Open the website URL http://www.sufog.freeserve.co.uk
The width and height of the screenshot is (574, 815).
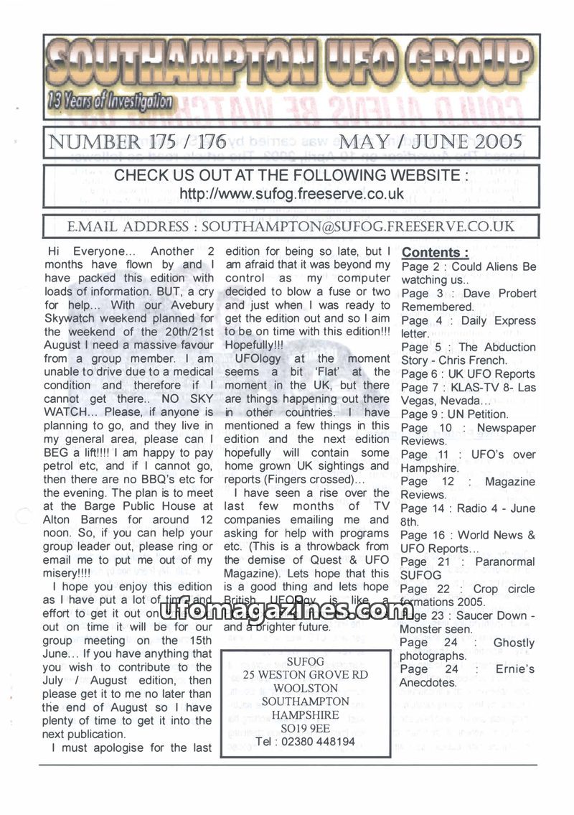click(291, 194)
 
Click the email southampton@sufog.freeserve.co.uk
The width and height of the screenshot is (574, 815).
click(358, 227)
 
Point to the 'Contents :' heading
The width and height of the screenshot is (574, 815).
click(436, 253)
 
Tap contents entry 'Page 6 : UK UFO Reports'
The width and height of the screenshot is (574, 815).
click(467, 374)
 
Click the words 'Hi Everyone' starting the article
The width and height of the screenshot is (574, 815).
click(78, 251)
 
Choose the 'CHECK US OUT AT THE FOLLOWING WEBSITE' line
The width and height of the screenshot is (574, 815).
click(291, 175)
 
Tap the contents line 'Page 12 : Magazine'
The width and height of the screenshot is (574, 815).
click(467, 482)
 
